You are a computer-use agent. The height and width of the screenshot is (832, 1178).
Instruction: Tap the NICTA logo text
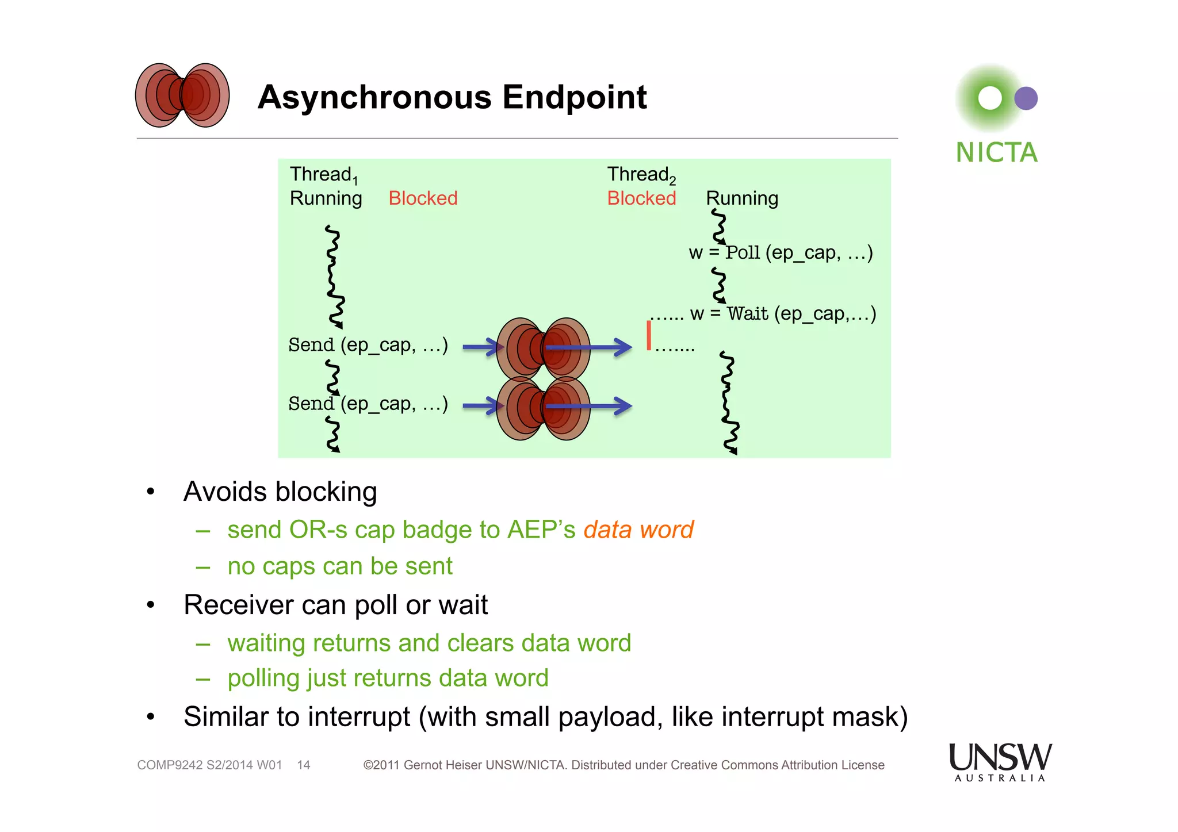(x=996, y=153)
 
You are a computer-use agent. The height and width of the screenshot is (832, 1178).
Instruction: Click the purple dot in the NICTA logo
(x=1026, y=98)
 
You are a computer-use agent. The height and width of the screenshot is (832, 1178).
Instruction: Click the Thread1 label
(x=323, y=174)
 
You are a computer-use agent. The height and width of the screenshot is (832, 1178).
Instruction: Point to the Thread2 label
(x=641, y=174)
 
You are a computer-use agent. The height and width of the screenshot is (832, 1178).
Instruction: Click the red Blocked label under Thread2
(x=641, y=198)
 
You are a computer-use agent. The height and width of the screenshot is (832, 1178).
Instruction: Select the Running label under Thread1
(x=326, y=198)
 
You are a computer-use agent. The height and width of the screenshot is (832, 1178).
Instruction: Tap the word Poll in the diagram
(x=743, y=252)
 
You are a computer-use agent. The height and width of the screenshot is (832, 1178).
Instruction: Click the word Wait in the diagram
(x=748, y=314)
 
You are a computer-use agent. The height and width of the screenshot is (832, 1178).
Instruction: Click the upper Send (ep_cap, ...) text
(x=368, y=345)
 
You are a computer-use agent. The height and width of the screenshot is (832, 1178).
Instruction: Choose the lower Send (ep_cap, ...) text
(x=368, y=404)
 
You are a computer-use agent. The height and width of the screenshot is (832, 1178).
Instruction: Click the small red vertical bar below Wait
(x=649, y=335)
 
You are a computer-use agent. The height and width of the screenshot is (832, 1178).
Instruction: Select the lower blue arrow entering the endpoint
(x=480, y=406)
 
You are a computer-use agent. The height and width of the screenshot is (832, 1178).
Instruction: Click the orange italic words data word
(x=638, y=530)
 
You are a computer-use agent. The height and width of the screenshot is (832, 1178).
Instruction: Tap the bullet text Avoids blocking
(x=280, y=492)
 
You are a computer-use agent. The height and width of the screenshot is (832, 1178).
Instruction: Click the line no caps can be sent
(x=340, y=566)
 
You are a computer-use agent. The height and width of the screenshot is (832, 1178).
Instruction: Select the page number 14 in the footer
(x=304, y=765)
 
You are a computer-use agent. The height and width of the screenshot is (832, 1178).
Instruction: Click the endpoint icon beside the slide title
(x=182, y=95)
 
